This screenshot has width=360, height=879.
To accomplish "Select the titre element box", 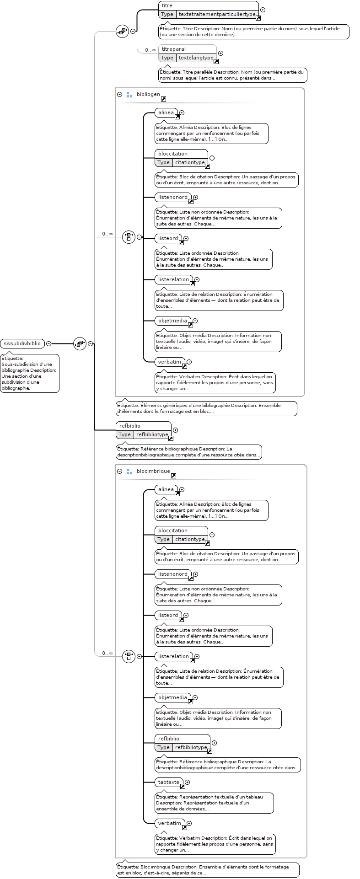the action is tap(209, 10).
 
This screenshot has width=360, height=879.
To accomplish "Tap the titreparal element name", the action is tap(174, 49).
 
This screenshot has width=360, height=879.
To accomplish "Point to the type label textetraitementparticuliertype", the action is tap(217, 14).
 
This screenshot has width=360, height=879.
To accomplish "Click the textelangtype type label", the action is tap(196, 58).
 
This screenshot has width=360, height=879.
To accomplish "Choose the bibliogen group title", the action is tap(148, 94).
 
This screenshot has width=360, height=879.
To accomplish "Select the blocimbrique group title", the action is tap(153, 471).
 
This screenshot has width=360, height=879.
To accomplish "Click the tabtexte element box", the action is tap(169, 782).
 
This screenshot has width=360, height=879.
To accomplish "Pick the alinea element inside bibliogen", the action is tap(166, 113).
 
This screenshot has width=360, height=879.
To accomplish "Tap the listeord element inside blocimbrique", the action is tap(168, 615).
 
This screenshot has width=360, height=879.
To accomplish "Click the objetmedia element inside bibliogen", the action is tap(173, 321).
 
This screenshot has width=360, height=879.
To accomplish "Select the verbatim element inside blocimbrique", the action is tap(170, 823).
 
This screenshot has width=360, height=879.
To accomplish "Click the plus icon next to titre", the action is tap(263, 10).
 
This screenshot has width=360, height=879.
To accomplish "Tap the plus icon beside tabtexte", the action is tap(187, 783).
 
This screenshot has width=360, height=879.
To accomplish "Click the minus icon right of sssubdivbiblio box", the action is tap(48, 343).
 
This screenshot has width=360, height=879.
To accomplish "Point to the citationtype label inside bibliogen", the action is tap(190, 162).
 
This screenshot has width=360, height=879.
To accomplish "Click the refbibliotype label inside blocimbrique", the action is tap(191, 747).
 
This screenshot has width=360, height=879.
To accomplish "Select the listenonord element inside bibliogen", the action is tap(173, 197).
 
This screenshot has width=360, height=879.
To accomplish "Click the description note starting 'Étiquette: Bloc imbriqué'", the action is tap(208, 869).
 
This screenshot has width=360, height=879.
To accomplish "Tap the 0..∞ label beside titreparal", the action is tap(150, 50).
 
